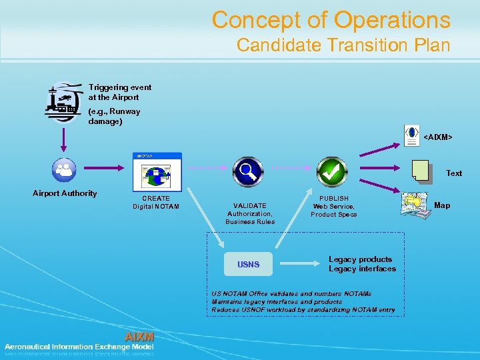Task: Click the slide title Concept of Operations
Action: point(331,20)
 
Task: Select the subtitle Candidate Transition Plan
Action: point(343,45)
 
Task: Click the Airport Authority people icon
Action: point(65,169)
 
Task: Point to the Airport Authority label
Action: point(65,193)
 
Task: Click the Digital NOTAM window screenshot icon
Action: point(157,172)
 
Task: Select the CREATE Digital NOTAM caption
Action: point(156,202)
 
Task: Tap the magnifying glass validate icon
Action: point(247,172)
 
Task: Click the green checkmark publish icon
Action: point(332,172)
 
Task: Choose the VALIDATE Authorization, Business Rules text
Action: point(249,213)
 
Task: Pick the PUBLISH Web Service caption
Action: point(333,206)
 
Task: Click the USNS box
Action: point(249,265)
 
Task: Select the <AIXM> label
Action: point(438,137)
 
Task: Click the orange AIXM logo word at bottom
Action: point(139,337)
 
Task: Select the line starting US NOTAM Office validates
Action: point(291,293)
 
